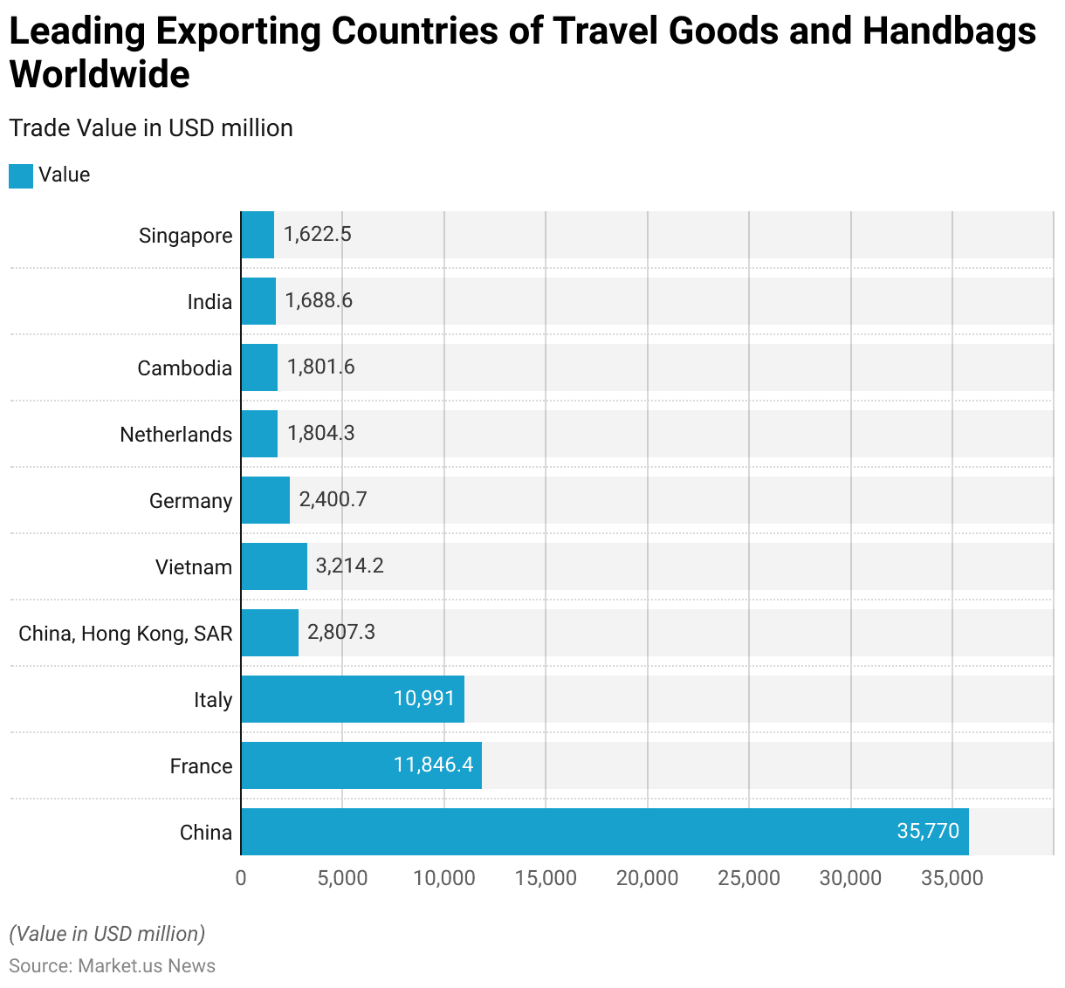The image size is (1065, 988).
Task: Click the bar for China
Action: pyautogui.click(x=604, y=832)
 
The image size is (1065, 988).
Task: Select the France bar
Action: pyautogui.click(x=361, y=765)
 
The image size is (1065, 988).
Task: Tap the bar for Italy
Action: pyautogui.click(x=352, y=699)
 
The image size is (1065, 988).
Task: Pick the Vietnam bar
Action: pyautogui.click(x=274, y=566)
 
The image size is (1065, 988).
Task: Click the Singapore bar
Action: pyautogui.click(x=258, y=235)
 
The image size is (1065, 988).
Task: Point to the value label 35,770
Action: pyautogui.click(x=928, y=831)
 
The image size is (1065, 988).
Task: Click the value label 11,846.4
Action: pyautogui.click(x=433, y=765)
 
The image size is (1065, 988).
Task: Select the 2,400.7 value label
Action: pyautogui.click(x=333, y=499)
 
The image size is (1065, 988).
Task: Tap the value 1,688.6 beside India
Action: pyautogui.click(x=319, y=300)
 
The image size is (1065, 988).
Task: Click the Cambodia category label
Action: pyautogui.click(x=185, y=368)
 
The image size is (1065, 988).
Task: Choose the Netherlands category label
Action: pyautogui.click(x=176, y=435)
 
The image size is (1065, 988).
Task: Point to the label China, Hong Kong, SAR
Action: pyautogui.click(x=126, y=634)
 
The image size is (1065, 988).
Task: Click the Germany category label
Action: pyautogui.click(x=191, y=501)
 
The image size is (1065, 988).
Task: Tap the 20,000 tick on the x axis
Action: pyautogui.click(x=647, y=878)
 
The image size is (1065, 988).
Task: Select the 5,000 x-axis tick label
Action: pyautogui.click(x=342, y=878)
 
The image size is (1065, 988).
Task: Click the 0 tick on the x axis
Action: pyautogui.click(x=241, y=878)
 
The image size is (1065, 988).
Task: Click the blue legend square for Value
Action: pyautogui.click(x=21, y=175)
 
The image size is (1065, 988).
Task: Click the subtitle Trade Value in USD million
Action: pyautogui.click(x=151, y=128)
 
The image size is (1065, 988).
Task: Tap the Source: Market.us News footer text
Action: pyautogui.click(x=112, y=966)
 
